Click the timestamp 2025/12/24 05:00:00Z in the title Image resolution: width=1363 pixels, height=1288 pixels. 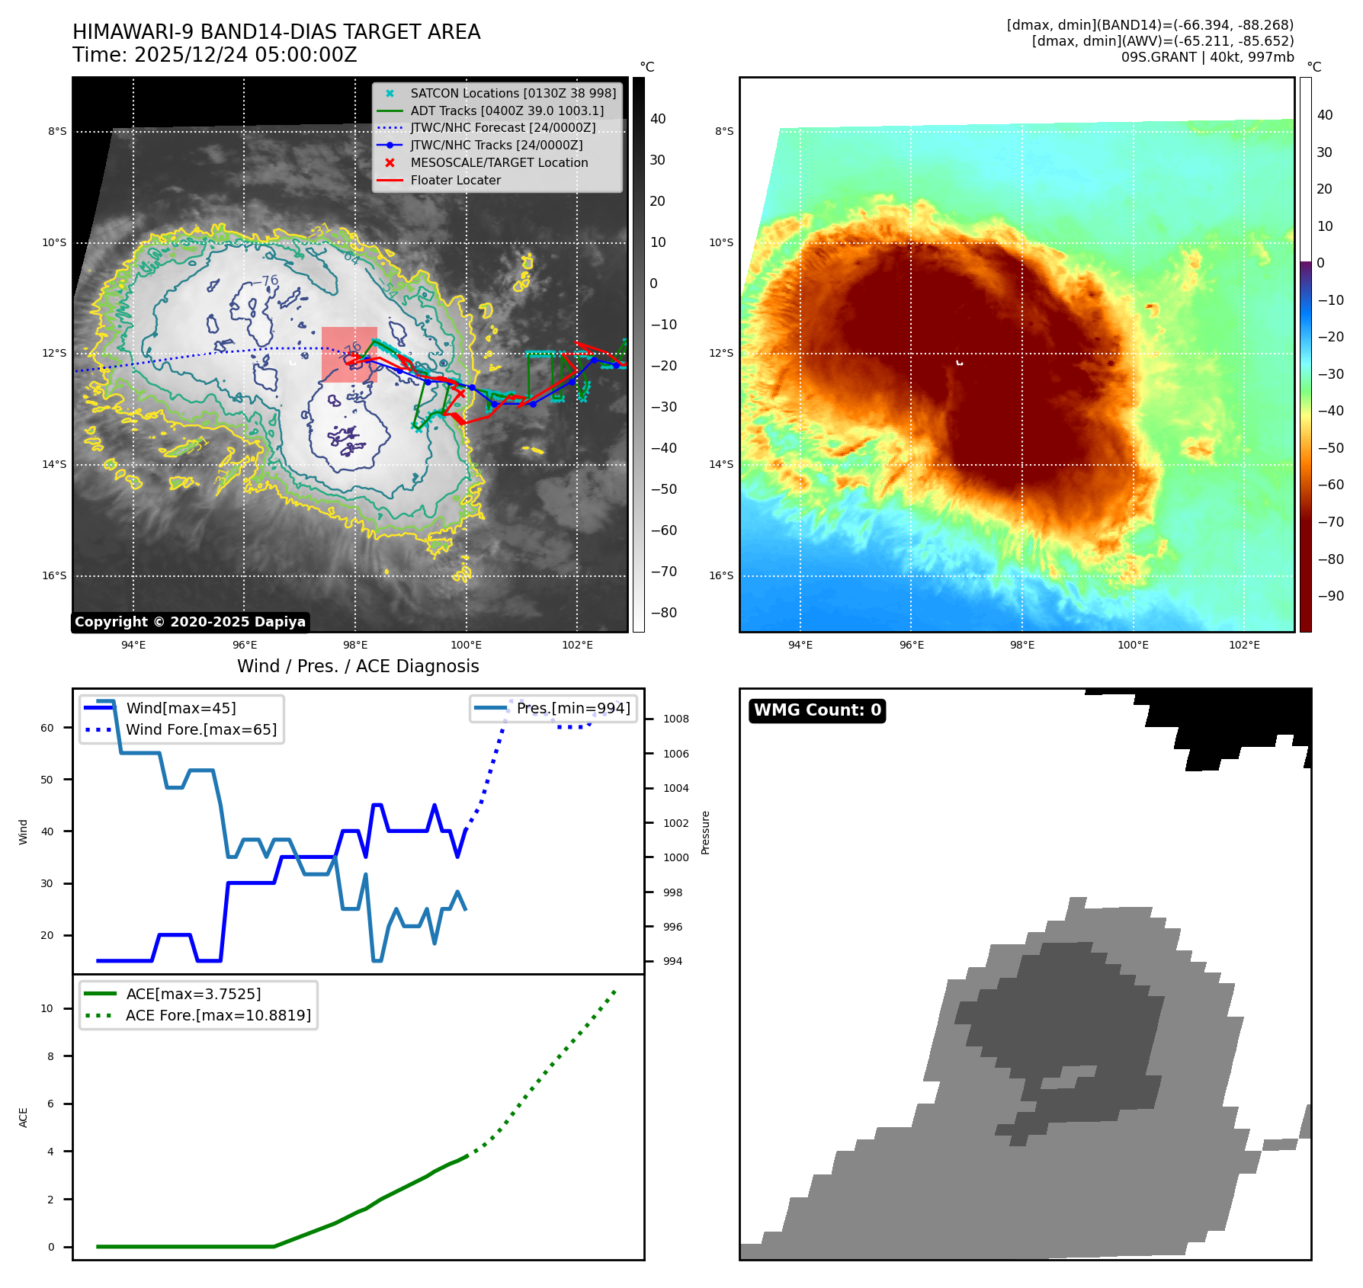[245, 56]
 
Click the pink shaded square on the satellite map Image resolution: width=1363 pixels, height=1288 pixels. [349, 354]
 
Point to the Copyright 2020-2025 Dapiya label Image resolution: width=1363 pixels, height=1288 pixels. [190, 622]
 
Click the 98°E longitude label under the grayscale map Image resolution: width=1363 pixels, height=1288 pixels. [355, 645]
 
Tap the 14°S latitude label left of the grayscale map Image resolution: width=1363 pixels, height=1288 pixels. [54, 464]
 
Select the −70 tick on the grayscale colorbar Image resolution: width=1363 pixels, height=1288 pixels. [663, 572]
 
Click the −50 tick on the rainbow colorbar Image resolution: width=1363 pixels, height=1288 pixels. [1330, 447]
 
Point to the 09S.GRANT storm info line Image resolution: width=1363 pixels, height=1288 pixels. [1207, 57]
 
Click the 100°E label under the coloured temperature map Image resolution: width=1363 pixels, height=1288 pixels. [1133, 645]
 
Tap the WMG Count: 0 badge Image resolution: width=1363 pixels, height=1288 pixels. [817, 710]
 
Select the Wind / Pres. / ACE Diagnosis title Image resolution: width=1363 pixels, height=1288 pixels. [358, 666]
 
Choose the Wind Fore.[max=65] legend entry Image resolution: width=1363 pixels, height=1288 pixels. [200, 729]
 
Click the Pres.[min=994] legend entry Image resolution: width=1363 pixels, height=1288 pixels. [572, 708]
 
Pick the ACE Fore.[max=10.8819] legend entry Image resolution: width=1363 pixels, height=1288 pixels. [218, 1015]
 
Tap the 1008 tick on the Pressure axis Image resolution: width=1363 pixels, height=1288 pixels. [675, 719]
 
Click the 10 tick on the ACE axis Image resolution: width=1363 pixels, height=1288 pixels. [47, 1008]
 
